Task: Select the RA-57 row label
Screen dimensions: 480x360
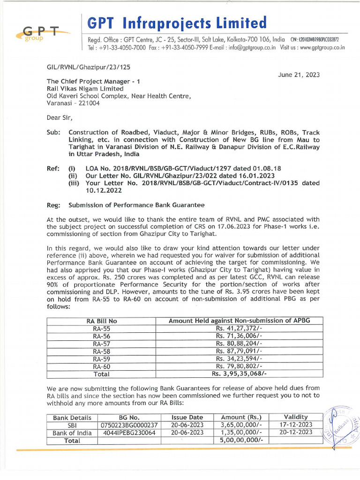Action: pos(101,344)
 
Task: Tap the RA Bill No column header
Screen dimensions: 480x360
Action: pos(101,321)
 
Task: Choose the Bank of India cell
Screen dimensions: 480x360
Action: pos(72,432)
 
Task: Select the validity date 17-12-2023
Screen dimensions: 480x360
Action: pos(296,425)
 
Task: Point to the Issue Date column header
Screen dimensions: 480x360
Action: pos(187,417)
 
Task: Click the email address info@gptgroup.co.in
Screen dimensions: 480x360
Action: pos(250,47)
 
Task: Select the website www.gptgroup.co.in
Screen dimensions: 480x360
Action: pos(322,47)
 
